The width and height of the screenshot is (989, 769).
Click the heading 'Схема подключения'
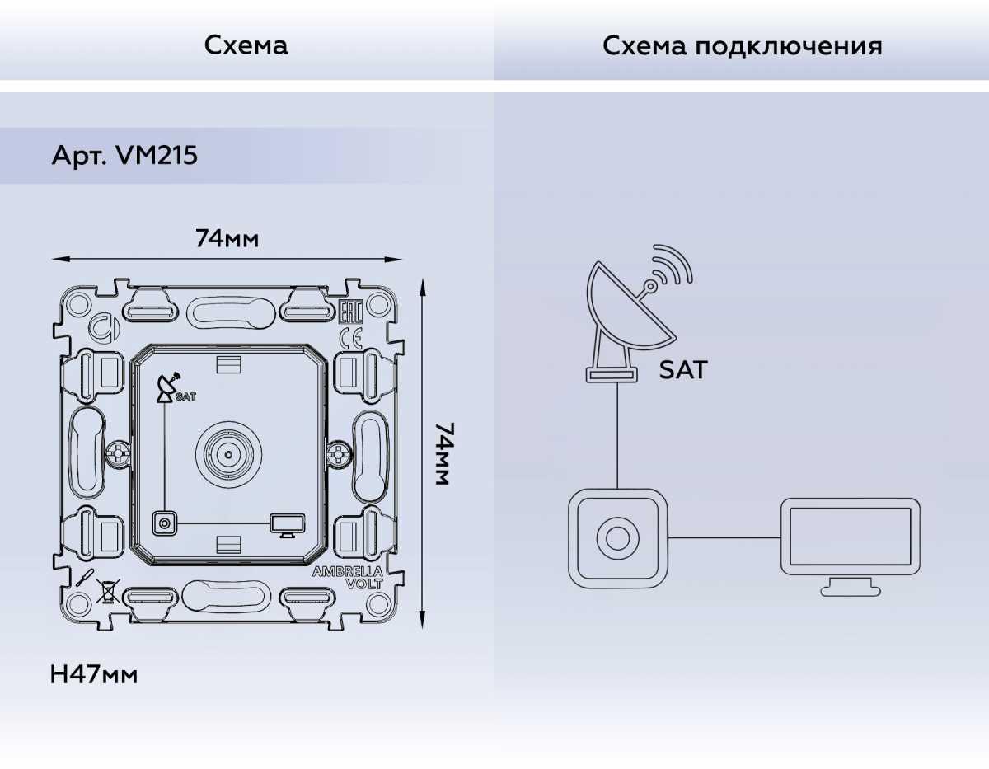(x=742, y=45)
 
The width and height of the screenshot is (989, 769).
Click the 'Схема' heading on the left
(x=246, y=45)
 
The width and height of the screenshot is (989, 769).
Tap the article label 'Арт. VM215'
(x=124, y=155)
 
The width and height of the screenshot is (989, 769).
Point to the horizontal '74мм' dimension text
(x=227, y=239)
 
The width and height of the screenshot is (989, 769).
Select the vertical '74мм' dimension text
(x=443, y=453)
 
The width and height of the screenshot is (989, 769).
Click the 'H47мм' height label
(x=94, y=675)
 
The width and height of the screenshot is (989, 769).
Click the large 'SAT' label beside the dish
(x=682, y=370)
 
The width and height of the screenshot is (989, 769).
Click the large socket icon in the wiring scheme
(x=617, y=537)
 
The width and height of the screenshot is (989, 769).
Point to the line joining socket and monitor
(x=724, y=537)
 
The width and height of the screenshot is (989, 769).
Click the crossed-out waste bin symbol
(x=105, y=589)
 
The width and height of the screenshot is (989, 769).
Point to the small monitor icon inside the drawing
(x=288, y=524)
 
